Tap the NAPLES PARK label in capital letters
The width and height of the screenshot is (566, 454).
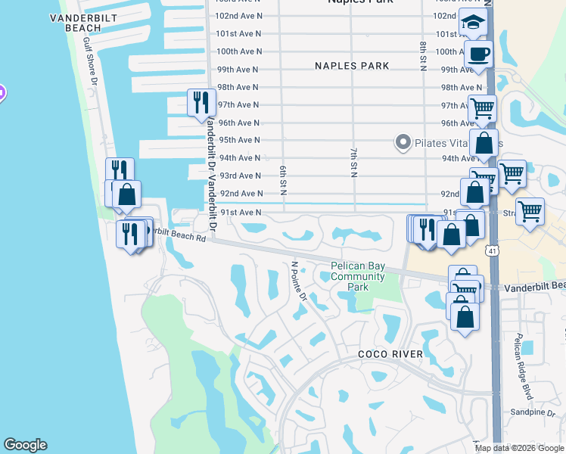[x=352, y=66]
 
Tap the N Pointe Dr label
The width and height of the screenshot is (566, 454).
[x=300, y=281]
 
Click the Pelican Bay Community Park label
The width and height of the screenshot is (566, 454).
[x=358, y=276]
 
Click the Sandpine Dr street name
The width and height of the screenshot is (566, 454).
[x=533, y=413]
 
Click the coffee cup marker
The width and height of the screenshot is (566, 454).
[x=478, y=54]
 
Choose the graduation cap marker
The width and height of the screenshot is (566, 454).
[x=473, y=24]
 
